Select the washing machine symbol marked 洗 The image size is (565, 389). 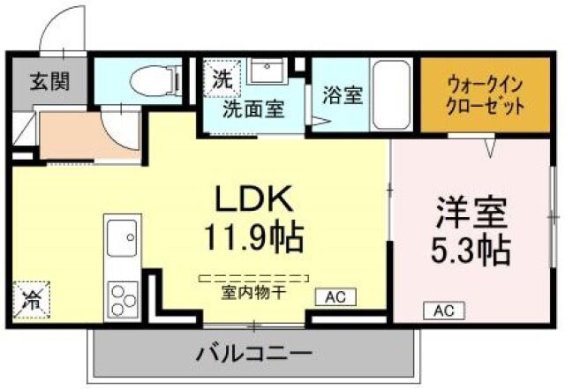tap(221, 76)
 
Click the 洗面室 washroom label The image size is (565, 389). tap(252, 109)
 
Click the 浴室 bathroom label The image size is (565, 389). tap(342, 94)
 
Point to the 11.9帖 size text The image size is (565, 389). tap(256, 236)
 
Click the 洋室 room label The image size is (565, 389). tap(471, 213)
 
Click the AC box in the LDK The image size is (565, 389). tap(335, 297)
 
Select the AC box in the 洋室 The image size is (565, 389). tap(443, 310)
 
